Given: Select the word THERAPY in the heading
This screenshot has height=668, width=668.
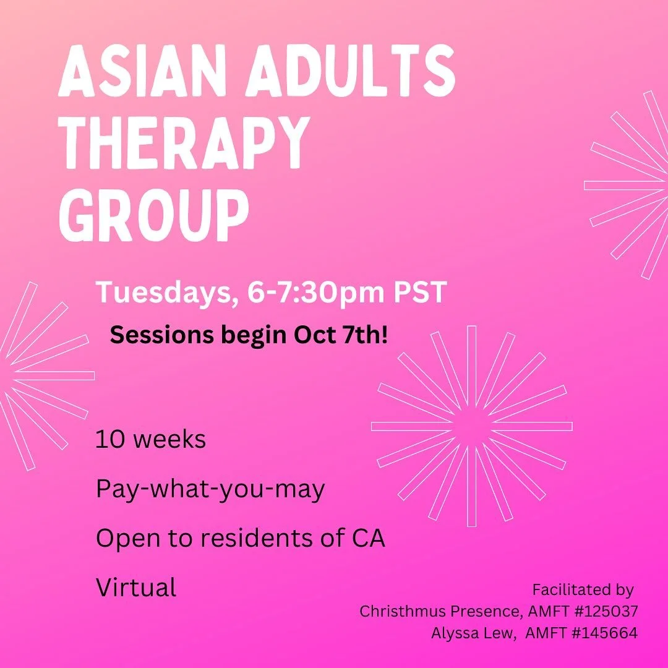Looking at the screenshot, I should click(x=184, y=143).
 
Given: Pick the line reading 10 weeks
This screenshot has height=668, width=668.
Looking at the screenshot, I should click(x=150, y=440).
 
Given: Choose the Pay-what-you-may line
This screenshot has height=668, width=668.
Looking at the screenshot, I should click(x=210, y=490).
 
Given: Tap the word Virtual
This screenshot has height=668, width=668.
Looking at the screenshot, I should click(x=136, y=587).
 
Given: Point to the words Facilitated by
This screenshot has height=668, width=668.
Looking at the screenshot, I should click(x=583, y=590).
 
